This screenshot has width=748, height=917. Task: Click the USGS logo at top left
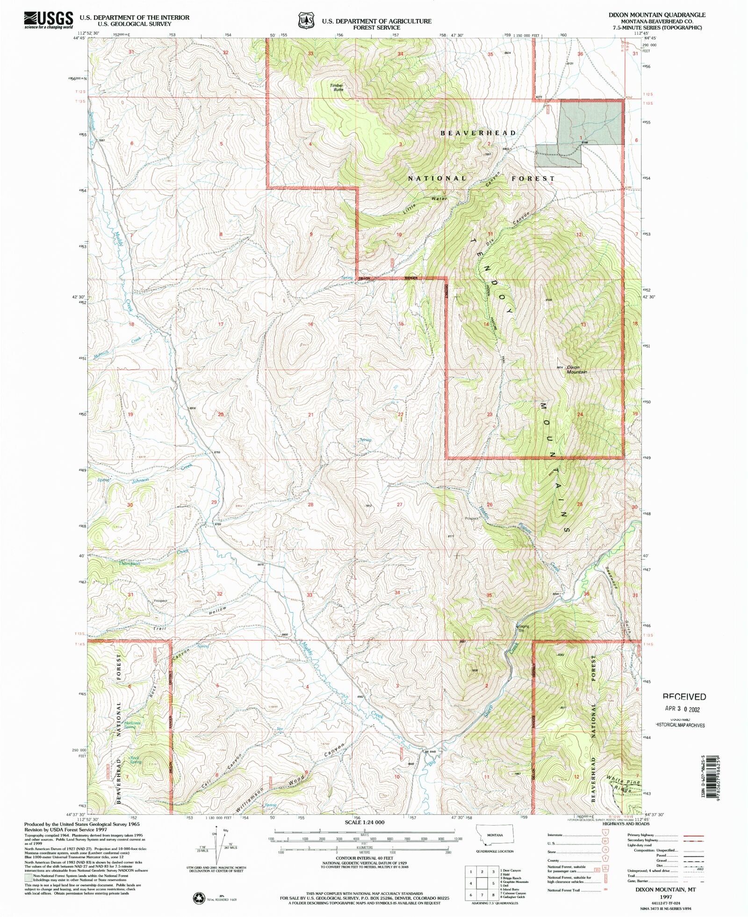[49, 20]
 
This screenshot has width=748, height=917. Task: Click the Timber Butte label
[337, 87]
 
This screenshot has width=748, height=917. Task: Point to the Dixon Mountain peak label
[576, 369]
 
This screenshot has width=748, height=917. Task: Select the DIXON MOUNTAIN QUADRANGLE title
[656, 15]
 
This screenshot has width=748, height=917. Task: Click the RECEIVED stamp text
[684, 697]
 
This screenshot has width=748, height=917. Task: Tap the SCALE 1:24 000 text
[364, 822]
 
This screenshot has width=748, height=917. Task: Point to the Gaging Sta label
[523, 628]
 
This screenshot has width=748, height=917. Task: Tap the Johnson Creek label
[140, 480]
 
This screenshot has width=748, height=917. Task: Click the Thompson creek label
[129, 563]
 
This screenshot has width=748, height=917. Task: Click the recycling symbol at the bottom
[199, 897]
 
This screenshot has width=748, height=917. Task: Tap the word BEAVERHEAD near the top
[478, 133]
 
